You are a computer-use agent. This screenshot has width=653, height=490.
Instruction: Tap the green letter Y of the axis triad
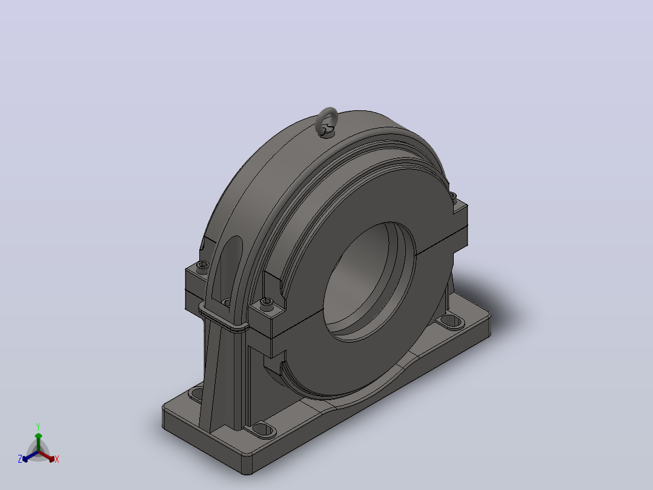coord(38,427)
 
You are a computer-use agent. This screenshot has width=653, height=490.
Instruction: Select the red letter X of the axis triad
coord(57,459)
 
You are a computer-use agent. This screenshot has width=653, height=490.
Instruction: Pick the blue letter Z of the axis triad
coord(20,459)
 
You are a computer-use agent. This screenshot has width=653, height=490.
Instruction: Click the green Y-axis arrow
coord(38,442)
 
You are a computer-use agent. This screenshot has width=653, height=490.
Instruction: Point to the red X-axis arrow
coord(47,455)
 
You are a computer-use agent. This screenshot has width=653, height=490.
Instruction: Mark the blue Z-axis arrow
coord(30,456)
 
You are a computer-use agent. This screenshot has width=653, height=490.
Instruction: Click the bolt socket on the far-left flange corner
coord(203,265)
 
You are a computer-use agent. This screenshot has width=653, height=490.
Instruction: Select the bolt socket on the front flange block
coord(267,302)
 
